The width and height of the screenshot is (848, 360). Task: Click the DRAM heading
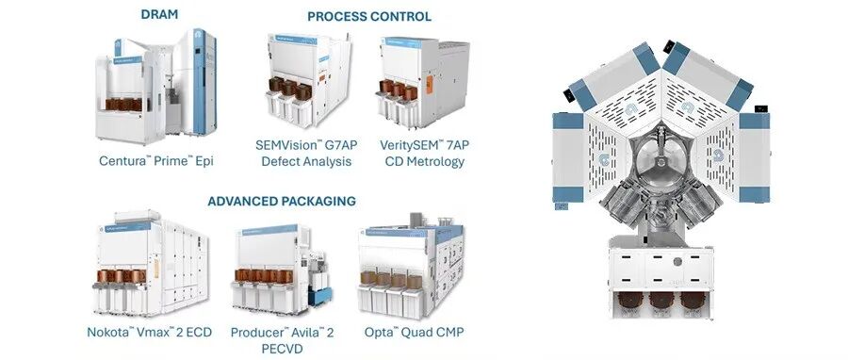coord(159,14)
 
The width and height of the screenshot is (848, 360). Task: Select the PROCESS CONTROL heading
coord(369,17)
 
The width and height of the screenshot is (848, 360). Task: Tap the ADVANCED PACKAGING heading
coord(282,202)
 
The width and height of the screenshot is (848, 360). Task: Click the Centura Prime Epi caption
coord(156,161)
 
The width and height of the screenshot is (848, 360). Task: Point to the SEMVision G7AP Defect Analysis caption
coord(306,153)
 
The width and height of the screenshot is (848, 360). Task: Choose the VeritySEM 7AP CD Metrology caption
coord(425,153)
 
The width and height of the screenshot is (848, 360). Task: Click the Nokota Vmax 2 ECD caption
coord(149,332)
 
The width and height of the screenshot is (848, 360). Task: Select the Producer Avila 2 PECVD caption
coord(282,340)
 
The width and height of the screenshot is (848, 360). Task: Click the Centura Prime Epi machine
coord(155,87)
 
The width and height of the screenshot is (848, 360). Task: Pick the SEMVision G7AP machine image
coord(308,80)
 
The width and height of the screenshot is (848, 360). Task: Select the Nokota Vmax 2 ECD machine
coord(150,264)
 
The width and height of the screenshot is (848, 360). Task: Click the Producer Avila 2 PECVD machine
coord(281,270)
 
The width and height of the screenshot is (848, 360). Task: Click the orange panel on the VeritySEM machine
coord(430,85)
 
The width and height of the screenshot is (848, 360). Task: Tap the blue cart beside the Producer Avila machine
coord(319,296)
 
